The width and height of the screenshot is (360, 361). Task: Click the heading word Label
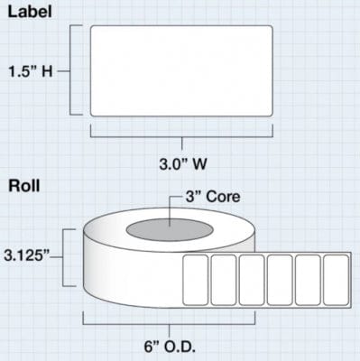[29, 13]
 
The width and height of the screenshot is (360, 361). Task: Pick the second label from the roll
[224, 280]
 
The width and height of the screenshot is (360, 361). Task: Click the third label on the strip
[252, 280]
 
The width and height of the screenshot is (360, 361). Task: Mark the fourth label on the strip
[280, 280]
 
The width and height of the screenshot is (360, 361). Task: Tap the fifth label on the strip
[308, 280]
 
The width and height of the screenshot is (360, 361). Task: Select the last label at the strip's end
[336, 280]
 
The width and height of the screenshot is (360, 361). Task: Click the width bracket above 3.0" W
[183, 134]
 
